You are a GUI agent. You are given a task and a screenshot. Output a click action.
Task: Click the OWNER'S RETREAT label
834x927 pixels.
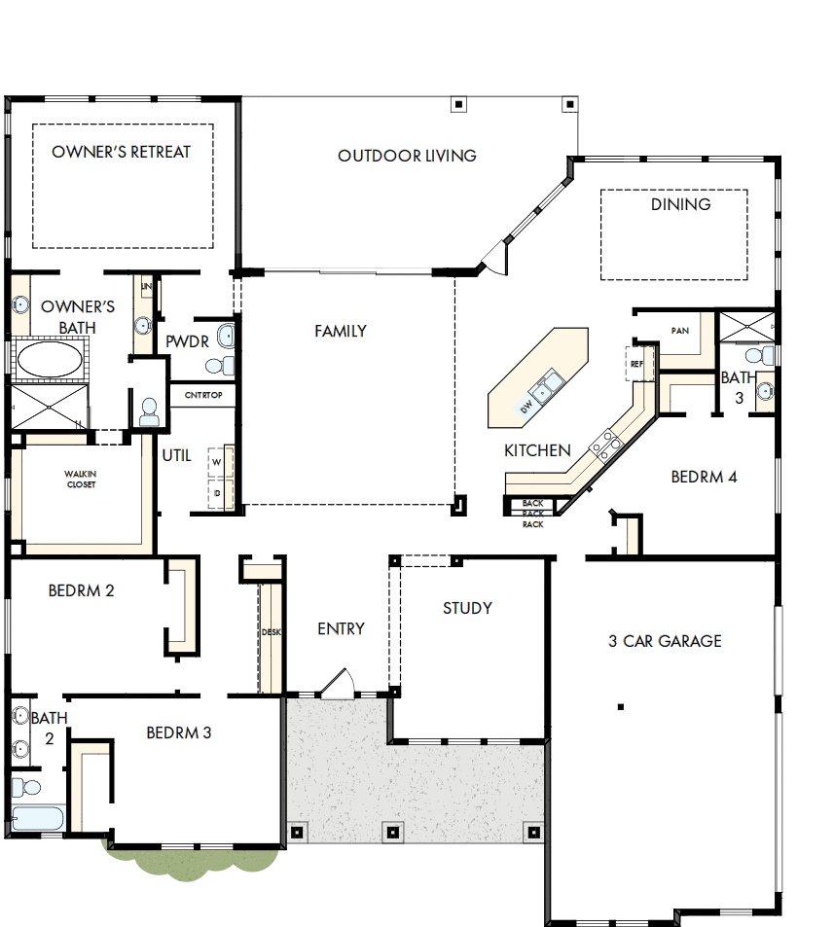tap(122, 152)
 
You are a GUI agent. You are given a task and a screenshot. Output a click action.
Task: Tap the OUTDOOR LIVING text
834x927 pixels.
tap(407, 156)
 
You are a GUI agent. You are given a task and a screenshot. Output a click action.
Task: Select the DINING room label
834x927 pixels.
tap(680, 204)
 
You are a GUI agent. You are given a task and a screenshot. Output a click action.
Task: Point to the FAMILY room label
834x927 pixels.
tap(341, 332)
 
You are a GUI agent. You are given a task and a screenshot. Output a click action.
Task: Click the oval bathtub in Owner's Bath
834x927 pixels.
tap(48, 360)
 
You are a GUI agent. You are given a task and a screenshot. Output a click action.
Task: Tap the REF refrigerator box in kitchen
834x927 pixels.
tap(637, 364)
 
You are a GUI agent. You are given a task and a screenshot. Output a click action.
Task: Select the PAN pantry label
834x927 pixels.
tap(679, 331)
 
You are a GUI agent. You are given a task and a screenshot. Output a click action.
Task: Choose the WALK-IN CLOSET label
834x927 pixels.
tap(81, 479)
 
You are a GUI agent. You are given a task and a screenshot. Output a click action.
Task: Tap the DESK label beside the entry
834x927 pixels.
tap(271, 632)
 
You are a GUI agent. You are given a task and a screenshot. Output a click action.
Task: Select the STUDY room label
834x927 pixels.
tap(467, 609)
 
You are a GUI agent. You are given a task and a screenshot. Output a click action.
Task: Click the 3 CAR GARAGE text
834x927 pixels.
tap(665, 641)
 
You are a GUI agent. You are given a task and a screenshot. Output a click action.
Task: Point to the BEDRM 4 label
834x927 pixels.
tap(704, 478)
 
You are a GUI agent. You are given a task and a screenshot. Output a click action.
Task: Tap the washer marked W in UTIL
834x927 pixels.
tap(217, 462)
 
